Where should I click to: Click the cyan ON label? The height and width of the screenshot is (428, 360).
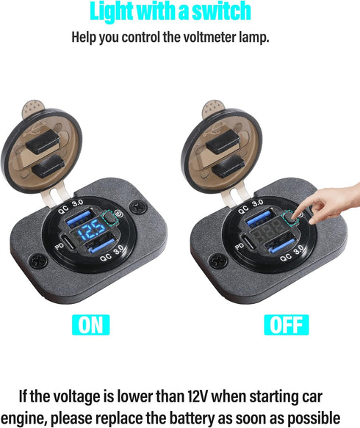click(91, 325)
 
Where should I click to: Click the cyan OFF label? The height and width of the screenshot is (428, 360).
click(286, 325)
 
